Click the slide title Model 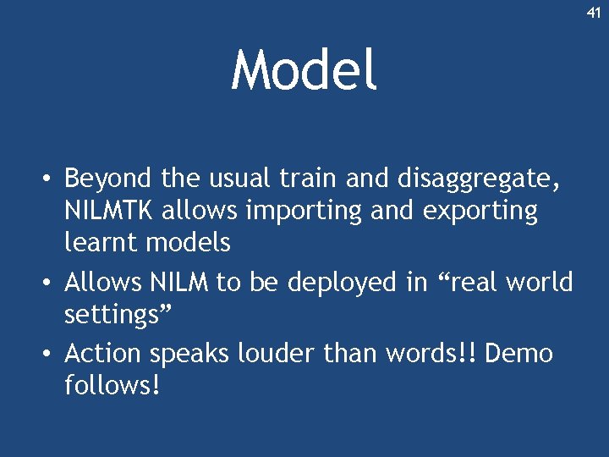click(304, 70)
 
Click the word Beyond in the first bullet click(107, 179)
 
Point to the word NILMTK click(113, 211)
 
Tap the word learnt click(100, 243)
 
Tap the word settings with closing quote click(118, 316)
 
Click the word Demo click(519, 353)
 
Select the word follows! click(112, 385)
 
